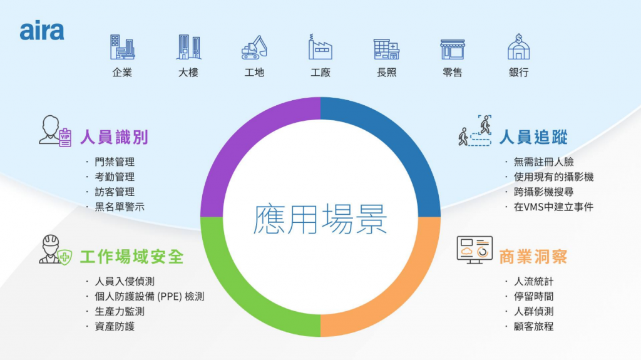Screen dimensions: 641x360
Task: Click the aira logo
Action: click(x=42, y=30)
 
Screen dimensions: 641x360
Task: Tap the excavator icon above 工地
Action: click(x=254, y=47)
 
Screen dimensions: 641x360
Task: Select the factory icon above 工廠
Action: click(x=320, y=46)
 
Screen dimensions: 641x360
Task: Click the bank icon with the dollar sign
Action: click(x=518, y=46)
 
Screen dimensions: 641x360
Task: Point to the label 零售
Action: click(x=452, y=73)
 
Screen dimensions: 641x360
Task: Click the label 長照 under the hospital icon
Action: click(x=386, y=73)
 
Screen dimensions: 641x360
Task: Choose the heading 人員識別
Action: click(x=114, y=137)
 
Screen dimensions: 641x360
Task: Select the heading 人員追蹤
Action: click(x=533, y=137)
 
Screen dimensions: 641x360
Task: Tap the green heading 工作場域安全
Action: click(x=131, y=257)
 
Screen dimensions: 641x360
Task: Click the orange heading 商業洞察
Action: click(x=533, y=257)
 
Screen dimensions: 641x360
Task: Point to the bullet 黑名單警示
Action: click(x=120, y=207)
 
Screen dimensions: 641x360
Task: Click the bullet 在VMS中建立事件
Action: click(x=553, y=207)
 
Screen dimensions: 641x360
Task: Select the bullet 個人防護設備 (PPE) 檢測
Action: click(x=149, y=296)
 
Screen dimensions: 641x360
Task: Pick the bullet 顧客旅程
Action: click(x=533, y=326)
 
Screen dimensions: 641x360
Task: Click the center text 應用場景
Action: click(x=320, y=219)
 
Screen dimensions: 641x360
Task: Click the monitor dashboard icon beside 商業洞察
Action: click(x=474, y=250)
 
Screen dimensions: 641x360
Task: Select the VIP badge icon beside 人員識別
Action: click(x=65, y=138)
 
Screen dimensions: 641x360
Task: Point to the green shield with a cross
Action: click(x=64, y=257)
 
